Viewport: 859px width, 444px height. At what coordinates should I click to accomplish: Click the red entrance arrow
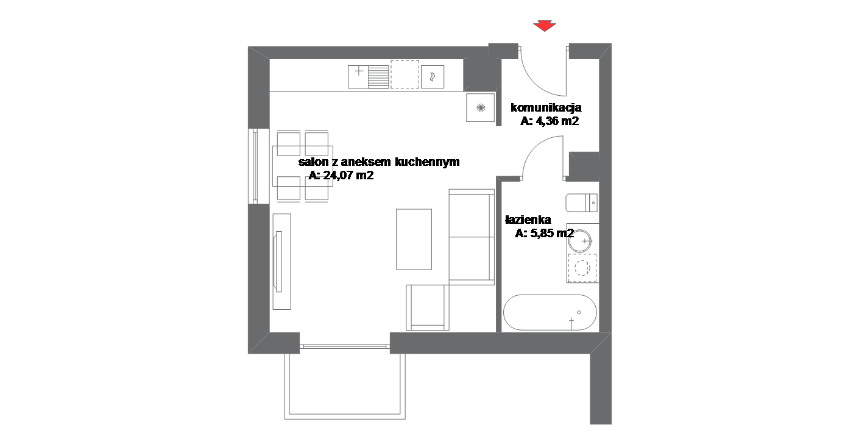544,26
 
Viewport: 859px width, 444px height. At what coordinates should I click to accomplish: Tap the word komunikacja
546,107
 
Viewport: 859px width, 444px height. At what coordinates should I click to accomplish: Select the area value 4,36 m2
557,121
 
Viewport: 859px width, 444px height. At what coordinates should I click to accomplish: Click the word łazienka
528,220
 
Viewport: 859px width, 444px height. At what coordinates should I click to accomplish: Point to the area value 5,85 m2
552,234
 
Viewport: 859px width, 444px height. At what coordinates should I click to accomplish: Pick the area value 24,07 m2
348,176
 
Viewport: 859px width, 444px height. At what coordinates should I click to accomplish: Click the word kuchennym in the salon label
427,162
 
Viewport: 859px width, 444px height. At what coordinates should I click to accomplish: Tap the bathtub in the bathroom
550,312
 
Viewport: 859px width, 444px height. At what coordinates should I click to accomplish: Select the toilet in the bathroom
581,202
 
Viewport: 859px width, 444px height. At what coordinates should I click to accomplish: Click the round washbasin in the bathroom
580,240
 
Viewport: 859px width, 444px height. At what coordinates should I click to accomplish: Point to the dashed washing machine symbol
582,268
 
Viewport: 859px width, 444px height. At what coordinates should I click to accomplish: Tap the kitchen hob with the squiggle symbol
433,77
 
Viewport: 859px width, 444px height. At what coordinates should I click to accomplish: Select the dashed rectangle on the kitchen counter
405,74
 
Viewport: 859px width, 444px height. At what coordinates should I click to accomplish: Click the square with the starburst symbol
481,108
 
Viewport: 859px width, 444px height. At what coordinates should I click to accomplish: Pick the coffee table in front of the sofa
414,239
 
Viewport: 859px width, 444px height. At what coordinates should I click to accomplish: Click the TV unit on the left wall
281,261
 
